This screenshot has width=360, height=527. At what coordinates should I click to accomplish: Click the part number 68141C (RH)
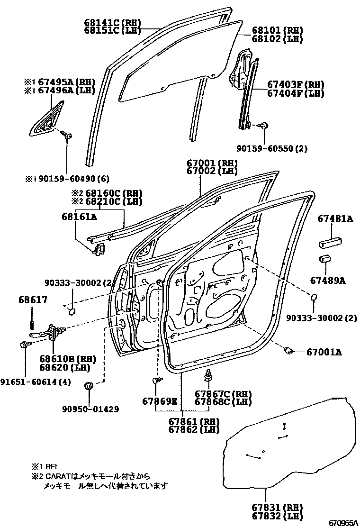(x=112, y=22)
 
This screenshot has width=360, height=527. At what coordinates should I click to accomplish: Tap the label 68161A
(x=79, y=217)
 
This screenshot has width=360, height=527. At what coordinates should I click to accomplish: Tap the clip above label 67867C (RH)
(x=208, y=376)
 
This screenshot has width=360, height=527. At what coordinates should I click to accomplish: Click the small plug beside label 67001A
(x=287, y=351)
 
